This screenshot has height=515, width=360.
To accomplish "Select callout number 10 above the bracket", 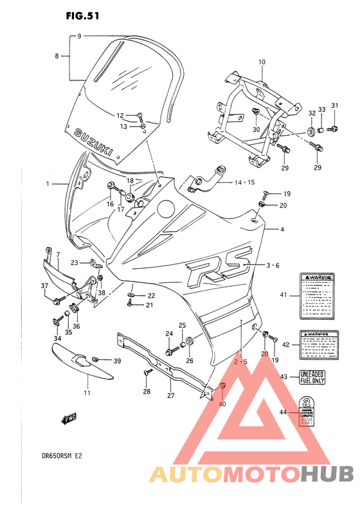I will click(262, 62).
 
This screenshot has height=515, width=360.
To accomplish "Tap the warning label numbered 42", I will click(319, 345).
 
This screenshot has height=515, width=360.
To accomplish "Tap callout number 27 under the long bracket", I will click(171, 395).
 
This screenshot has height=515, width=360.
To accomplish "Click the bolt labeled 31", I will click(332, 129).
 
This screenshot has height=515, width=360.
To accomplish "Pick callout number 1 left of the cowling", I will click(47, 184).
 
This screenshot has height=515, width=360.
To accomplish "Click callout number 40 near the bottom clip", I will click(222, 404).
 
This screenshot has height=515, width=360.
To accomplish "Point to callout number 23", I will click(75, 262).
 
